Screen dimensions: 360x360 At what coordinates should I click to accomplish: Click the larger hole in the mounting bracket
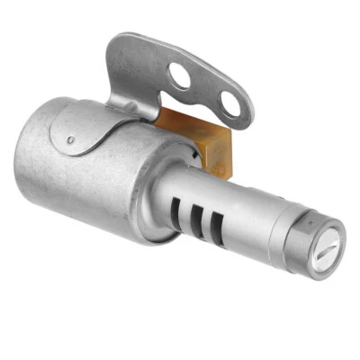pyautogui.click(x=182, y=76)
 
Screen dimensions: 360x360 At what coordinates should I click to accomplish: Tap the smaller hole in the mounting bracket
pyautogui.click(x=230, y=104)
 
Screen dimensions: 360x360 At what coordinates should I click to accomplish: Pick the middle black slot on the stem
pyautogui.click(x=194, y=215)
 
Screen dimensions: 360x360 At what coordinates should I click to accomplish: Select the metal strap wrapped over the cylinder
pyautogui.click(x=99, y=126)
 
